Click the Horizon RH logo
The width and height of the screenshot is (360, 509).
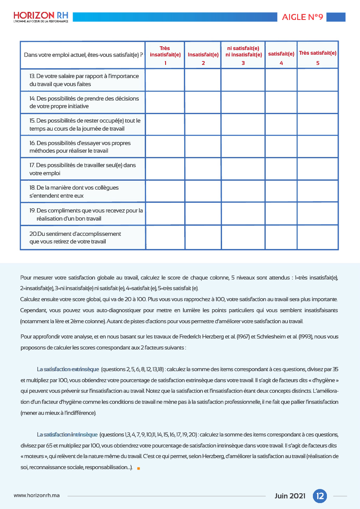click(41, 17)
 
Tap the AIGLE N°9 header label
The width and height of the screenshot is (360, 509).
click(303, 17)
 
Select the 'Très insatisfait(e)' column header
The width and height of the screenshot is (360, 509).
click(165, 55)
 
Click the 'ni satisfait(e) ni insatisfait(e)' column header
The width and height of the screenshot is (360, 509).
click(243, 55)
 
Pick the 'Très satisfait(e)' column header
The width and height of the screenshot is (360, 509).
click(318, 55)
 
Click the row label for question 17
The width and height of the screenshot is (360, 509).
click(83, 169)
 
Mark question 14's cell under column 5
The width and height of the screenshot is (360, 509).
click(318, 102)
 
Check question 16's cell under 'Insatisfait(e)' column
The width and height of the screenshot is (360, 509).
click(203, 146)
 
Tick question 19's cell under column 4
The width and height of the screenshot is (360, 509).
click(281, 214)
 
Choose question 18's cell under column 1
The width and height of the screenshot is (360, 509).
click(165, 191)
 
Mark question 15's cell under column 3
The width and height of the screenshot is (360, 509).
click(243, 124)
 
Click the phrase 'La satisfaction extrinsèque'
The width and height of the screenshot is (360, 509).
click(68, 369)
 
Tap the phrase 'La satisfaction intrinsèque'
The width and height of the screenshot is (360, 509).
click(67, 434)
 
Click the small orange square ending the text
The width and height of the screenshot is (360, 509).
click(138, 468)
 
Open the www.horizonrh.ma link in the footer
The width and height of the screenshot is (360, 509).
click(37, 495)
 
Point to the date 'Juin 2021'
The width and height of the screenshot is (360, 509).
click(290, 495)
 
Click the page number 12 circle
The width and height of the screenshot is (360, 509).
click(320, 495)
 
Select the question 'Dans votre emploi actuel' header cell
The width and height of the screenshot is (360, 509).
click(83, 55)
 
